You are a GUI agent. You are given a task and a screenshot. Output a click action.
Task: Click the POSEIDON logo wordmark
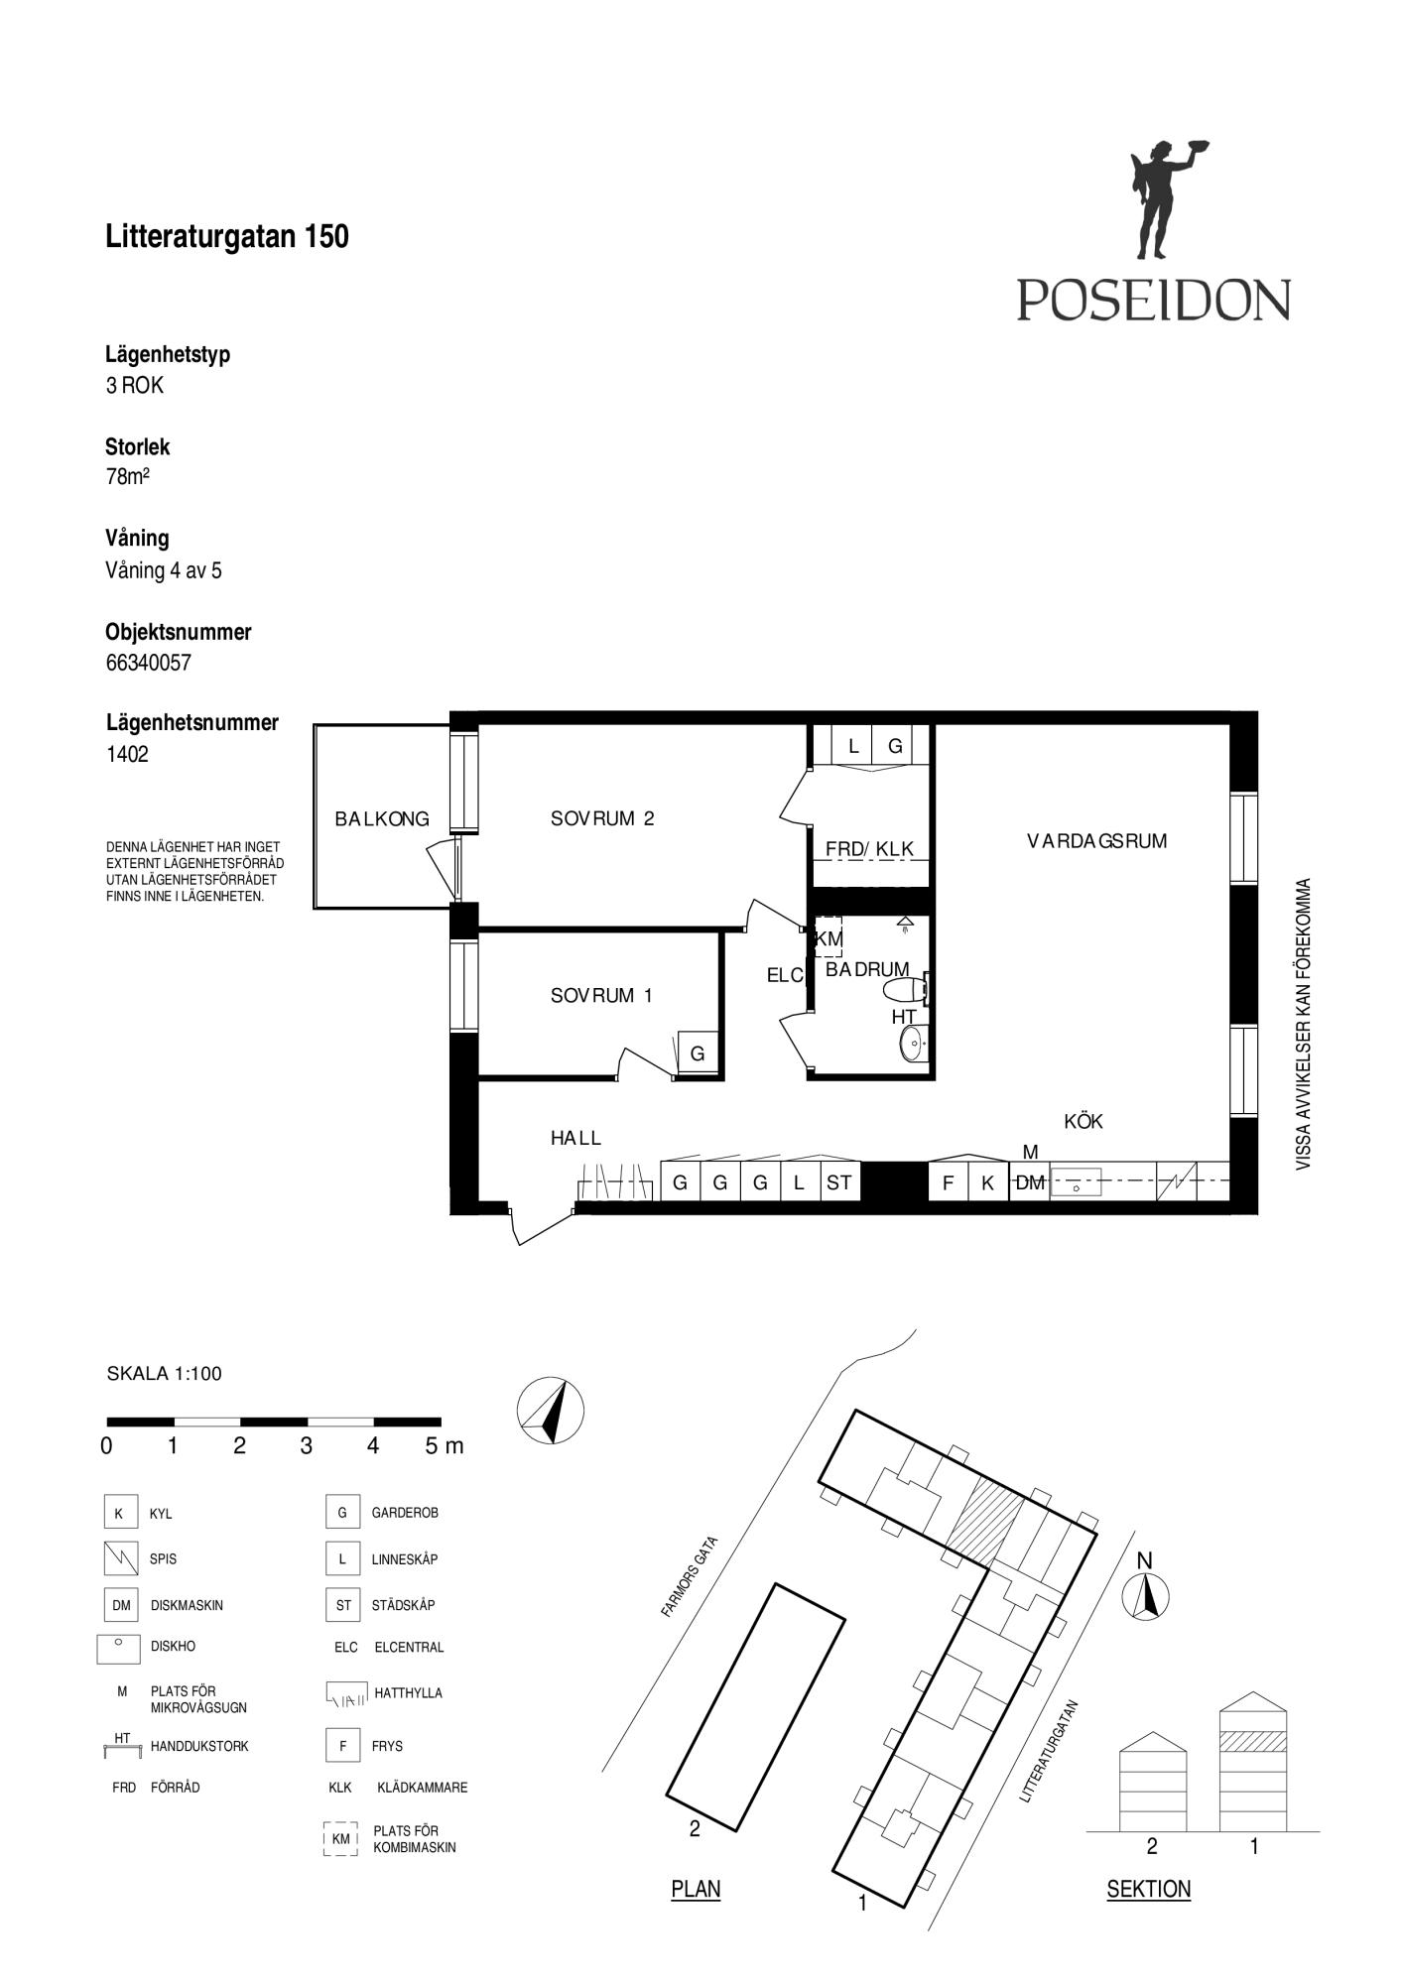pos(1153,299)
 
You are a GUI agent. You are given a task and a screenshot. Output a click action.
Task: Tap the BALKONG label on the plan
pos(382,818)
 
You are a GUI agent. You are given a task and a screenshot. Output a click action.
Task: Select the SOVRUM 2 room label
pos(602,818)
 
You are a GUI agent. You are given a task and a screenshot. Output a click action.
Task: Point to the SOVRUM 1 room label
pos(601,995)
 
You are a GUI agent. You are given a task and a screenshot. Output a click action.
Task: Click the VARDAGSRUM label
pos(1096,841)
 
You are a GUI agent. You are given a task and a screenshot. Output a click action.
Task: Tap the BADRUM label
pos(867,969)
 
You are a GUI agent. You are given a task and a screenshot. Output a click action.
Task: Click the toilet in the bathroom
pos(906,989)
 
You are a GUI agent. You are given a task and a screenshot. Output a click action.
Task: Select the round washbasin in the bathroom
pos(912,1043)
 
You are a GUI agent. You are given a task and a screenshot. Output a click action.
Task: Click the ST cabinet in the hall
pos(839,1181)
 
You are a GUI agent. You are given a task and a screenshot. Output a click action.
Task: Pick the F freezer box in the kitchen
pos(948,1181)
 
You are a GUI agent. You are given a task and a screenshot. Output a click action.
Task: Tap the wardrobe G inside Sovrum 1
pos(698,1054)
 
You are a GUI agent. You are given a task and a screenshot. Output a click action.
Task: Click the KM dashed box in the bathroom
pos(828,937)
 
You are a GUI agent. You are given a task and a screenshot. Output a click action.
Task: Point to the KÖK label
pos(1083,1121)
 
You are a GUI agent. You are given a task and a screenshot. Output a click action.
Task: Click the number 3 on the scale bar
pos(306,1445)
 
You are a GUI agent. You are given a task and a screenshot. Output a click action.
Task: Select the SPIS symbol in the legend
pos(120,1558)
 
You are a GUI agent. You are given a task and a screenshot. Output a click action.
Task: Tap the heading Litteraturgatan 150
pos(227,236)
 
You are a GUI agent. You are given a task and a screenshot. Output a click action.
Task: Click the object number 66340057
pos(149,663)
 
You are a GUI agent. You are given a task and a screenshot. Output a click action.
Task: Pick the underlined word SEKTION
pos(1148,1890)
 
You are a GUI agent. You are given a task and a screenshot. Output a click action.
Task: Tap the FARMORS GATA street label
pos(689,1577)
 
